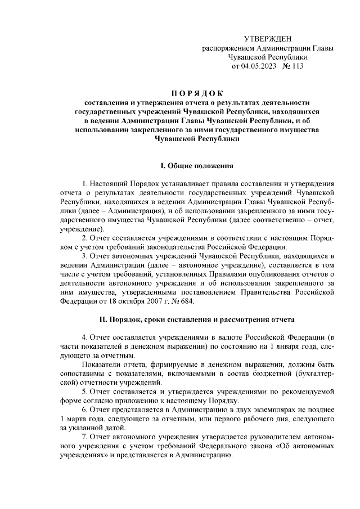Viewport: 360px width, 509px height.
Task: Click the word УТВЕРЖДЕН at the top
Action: [268, 38]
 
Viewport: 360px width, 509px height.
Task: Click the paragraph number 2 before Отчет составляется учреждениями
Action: [84, 238]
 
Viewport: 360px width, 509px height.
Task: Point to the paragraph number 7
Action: [84, 437]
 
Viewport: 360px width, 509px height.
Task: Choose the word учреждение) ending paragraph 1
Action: [81, 229]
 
